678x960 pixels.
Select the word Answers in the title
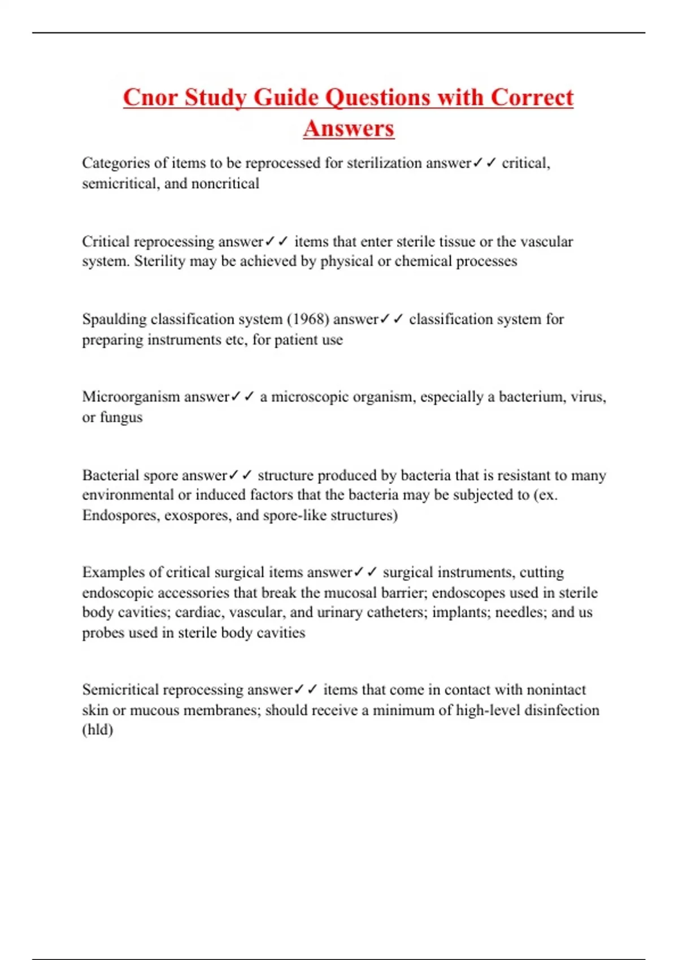pyautogui.click(x=349, y=128)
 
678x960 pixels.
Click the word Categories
pyautogui.click(x=116, y=163)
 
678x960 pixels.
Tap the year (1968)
pyautogui.click(x=308, y=320)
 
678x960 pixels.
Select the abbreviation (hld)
pyautogui.click(x=98, y=730)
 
